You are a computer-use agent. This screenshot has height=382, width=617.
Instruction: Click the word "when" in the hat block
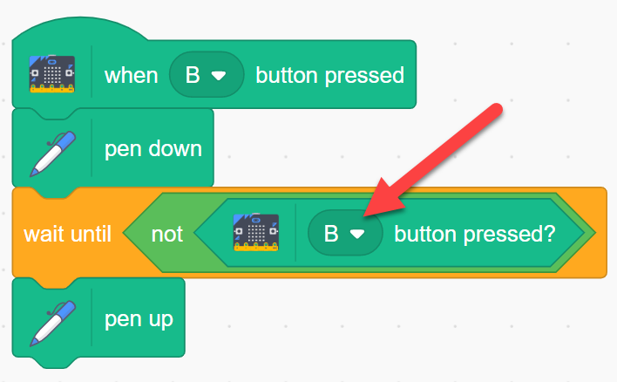(131, 75)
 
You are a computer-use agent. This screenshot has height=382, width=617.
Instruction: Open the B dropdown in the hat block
(207, 74)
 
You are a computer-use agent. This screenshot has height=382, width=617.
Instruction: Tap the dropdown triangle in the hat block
(219, 76)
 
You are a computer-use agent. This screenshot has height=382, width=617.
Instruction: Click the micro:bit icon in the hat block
(52, 74)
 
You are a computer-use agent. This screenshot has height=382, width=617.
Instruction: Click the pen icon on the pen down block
(52, 153)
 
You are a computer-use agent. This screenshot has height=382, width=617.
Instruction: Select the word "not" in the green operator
(166, 235)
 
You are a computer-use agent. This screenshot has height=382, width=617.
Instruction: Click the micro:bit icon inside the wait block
(256, 232)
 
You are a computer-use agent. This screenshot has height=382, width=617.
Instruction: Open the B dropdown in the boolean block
(345, 233)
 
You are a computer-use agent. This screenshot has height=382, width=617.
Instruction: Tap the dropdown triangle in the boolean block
(357, 235)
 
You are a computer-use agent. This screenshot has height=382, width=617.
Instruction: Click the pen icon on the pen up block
(52, 324)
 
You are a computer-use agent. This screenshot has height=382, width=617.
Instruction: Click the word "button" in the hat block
(287, 75)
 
